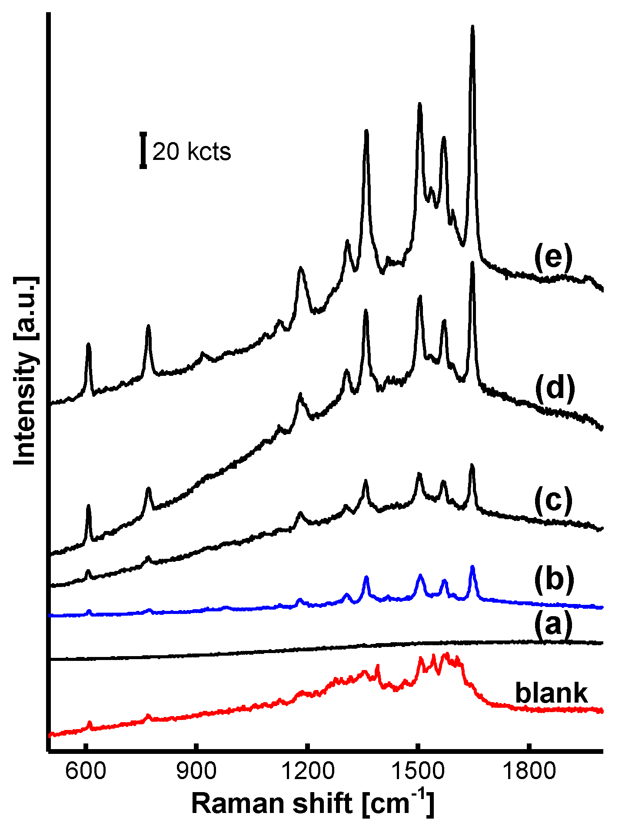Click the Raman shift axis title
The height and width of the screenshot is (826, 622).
313,803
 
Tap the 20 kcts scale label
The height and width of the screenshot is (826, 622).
192,152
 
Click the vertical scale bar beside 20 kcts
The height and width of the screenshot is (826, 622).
143,151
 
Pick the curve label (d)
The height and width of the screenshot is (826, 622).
555,387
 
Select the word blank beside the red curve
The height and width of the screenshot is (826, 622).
551,693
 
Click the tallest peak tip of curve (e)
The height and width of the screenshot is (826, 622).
472,27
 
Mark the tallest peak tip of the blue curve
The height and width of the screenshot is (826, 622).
472,567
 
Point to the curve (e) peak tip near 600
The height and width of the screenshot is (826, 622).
89,344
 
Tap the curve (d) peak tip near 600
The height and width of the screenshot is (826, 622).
89,506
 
